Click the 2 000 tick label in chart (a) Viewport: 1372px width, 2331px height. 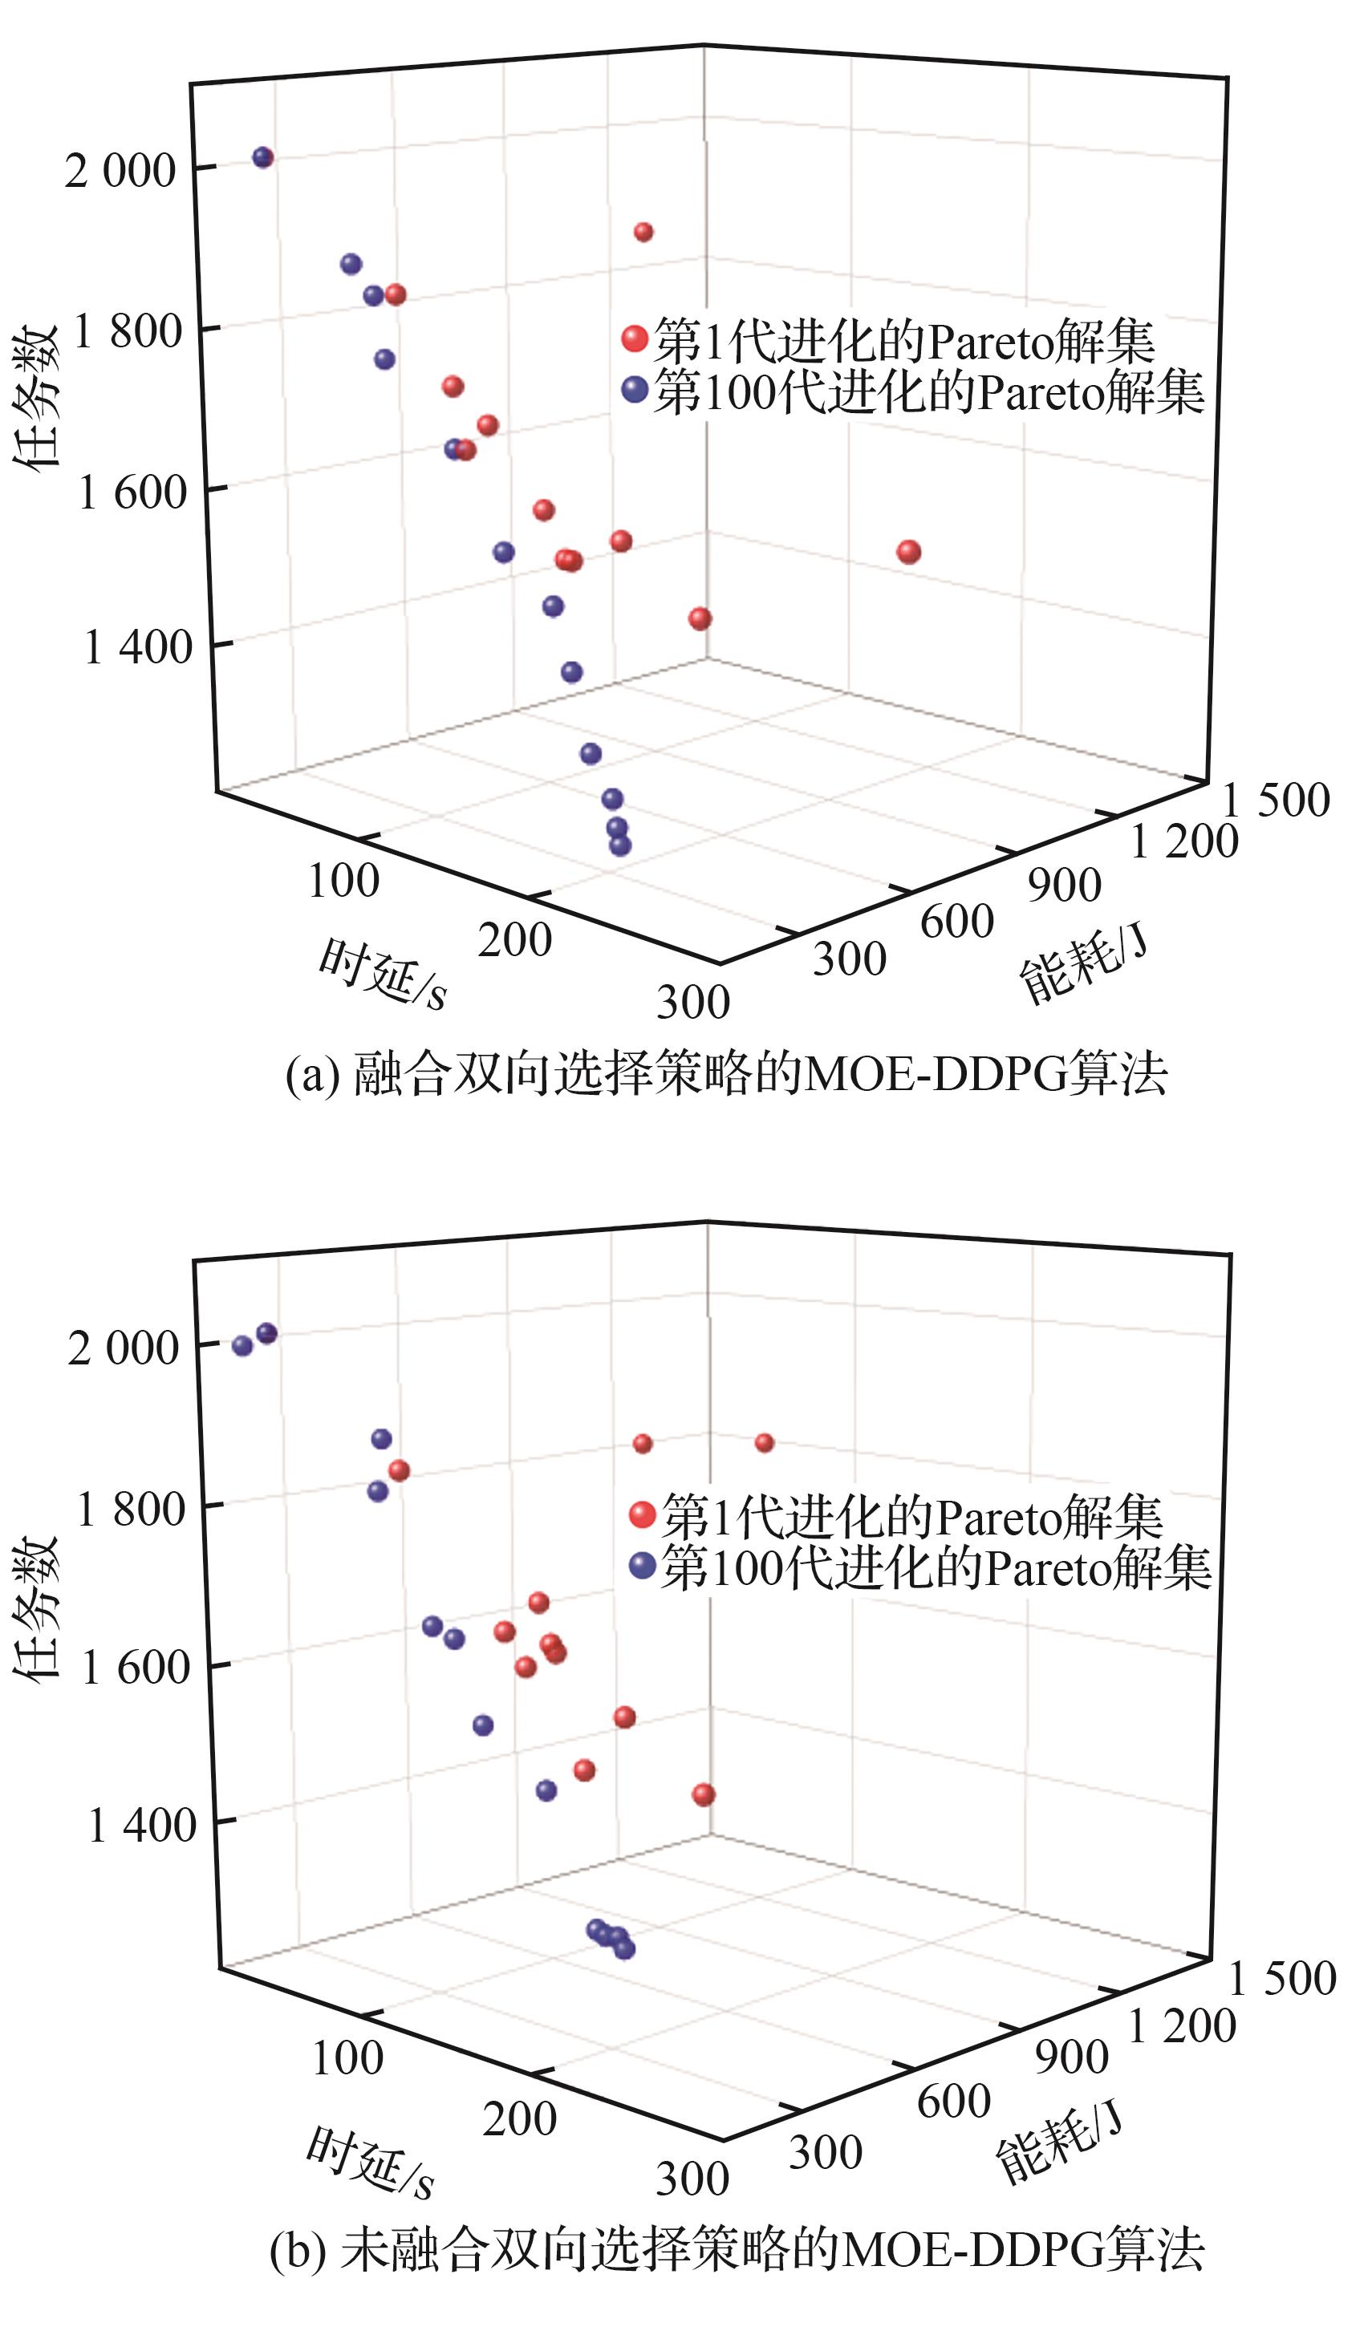(120, 171)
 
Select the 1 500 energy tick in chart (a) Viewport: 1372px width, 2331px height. (1276, 800)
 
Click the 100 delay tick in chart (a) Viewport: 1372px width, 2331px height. (343, 881)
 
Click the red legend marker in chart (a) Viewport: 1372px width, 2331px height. (635, 339)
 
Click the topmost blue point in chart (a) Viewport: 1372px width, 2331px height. (264, 157)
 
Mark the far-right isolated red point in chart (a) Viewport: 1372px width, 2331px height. (908, 552)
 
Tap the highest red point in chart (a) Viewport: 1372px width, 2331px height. (643, 232)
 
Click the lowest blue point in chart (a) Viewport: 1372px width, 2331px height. (620, 845)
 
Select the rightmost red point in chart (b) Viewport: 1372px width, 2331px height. (764, 1442)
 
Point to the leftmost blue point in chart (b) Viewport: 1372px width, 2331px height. (242, 1346)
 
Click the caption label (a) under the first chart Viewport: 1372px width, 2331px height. (313, 1076)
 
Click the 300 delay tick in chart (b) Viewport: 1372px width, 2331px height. (692, 2179)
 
